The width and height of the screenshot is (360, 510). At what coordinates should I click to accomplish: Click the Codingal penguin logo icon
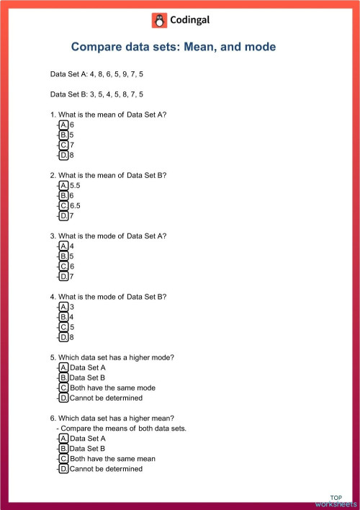pyautogui.click(x=158, y=20)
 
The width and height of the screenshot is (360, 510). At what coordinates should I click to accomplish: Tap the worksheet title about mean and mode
pyautogui.click(x=173, y=47)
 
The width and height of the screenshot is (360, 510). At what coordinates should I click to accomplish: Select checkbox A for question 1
pyautogui.click(x=64, y=125)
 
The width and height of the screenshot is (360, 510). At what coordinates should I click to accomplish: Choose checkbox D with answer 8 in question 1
pyautogui.click(x=64, y=155)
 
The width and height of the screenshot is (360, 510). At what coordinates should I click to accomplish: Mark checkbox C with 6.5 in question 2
pyautogui.click(x=64, y=205)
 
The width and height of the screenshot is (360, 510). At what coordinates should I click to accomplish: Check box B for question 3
pyautogui.click(x=64, y=256)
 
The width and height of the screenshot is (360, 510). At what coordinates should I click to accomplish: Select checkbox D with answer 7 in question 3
pyautogui.click(x=64, y=276)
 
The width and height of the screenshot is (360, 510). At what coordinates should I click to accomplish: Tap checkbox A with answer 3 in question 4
pyautogui.click(x=64, y=307)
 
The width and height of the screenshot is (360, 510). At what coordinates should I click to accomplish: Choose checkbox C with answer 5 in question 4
pyautogui.click(x=64, y=327)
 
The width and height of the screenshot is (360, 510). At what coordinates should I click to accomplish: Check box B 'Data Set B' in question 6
pyautogui.click(x=64, y=448)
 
